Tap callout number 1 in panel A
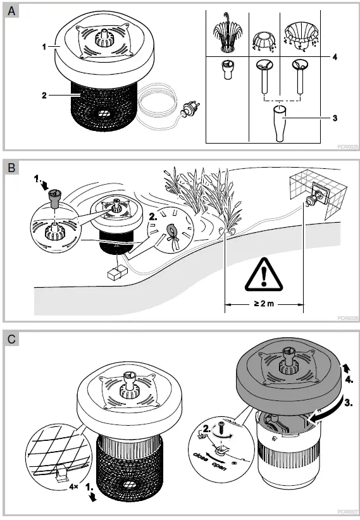tap(44, 47)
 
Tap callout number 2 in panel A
tap(44, 96)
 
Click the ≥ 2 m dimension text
tap(264, 303)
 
